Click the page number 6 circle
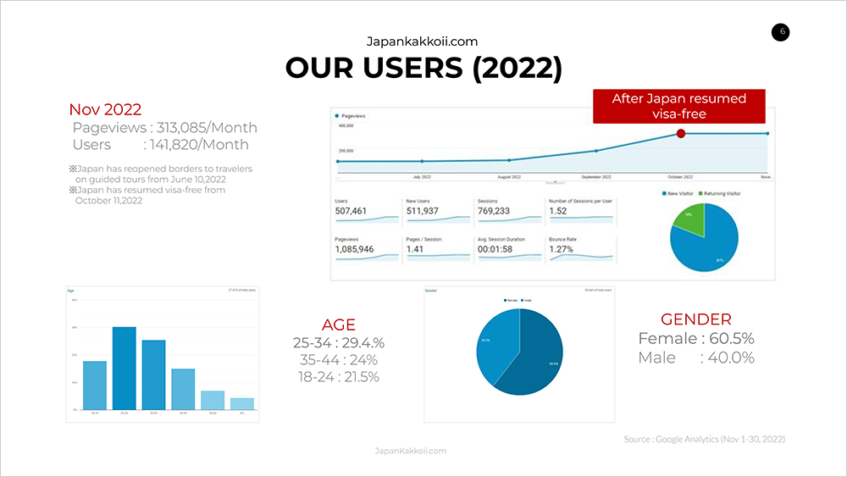[781, 32]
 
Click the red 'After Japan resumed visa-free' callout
[679, 106]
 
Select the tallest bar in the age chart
[125, 368]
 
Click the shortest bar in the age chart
[241, 403]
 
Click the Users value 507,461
[353, 211]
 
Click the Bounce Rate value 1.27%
[562, 250]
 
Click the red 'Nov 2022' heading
[105, 109]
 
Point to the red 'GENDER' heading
[696, 319]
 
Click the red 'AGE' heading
[339, 324]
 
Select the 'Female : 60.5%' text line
[696, 339]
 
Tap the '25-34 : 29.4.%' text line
[339, 343]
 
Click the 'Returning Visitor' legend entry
[721, 194]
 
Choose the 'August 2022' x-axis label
[509, 177]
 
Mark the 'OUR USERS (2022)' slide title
[423, 68]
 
